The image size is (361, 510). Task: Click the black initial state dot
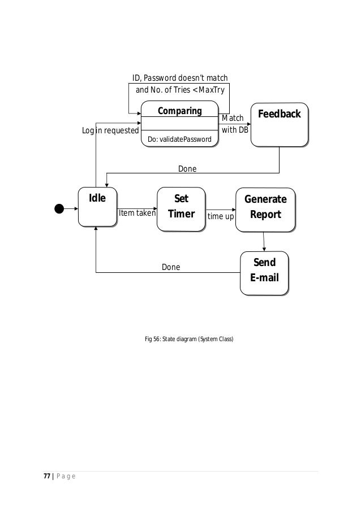(59, 208)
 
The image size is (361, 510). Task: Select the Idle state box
(97, 207)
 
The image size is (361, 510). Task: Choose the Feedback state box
(279, 124)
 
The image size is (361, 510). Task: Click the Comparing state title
(179, 110)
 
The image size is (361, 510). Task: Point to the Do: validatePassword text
(179, 139)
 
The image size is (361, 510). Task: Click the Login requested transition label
(110, 130)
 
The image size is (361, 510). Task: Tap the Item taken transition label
(136, 213)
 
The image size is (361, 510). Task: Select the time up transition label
(220, 216)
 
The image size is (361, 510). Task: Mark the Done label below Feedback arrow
(187, 168)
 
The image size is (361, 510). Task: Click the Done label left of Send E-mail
(171, 267)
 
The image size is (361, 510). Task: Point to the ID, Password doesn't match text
(180, 78)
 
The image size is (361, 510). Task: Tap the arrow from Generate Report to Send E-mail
(264, 242)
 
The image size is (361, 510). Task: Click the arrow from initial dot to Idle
(71, 208)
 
